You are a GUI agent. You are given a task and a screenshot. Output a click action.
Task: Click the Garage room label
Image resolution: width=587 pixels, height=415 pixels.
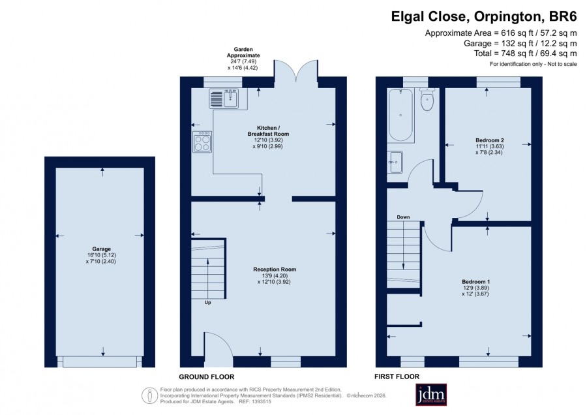102,249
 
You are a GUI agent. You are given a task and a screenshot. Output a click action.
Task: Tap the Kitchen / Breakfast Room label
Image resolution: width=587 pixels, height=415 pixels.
268,131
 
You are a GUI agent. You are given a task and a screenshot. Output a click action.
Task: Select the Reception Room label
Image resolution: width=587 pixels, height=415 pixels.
275,269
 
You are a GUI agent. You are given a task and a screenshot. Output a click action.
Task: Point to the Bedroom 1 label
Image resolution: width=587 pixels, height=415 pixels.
476,282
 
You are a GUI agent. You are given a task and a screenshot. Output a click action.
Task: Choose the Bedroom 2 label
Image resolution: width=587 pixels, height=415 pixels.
490,140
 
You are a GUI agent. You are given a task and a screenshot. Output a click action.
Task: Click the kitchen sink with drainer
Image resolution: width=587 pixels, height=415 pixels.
224,99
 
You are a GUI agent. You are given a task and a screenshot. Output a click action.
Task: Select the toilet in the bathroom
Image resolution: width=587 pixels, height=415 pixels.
427,99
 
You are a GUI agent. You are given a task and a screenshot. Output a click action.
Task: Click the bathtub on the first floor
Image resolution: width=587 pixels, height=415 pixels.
400,115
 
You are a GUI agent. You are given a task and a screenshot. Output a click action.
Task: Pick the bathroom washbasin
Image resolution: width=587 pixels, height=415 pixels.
395,162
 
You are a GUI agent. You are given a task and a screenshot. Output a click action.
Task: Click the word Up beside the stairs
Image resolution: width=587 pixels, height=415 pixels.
207,302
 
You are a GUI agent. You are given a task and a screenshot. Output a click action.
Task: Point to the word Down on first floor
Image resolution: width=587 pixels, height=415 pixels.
403,217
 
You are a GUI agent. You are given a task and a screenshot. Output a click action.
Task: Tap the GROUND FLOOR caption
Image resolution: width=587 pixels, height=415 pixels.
207,377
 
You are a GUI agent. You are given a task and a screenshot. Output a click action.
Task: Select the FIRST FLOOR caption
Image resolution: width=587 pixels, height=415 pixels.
397,377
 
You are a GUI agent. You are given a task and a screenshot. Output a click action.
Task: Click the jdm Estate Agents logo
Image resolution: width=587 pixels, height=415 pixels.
431,394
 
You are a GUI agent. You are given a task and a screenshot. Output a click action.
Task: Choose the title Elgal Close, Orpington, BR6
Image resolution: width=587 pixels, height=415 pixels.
484,17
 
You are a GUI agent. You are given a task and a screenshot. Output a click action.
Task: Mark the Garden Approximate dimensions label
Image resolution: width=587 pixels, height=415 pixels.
243,59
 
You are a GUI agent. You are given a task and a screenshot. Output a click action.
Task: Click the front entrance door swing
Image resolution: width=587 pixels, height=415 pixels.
218,348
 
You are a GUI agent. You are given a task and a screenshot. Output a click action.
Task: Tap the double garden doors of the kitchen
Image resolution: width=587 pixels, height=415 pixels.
296,70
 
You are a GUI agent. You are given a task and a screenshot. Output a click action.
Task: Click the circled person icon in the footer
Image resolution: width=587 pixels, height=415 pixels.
149,395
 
